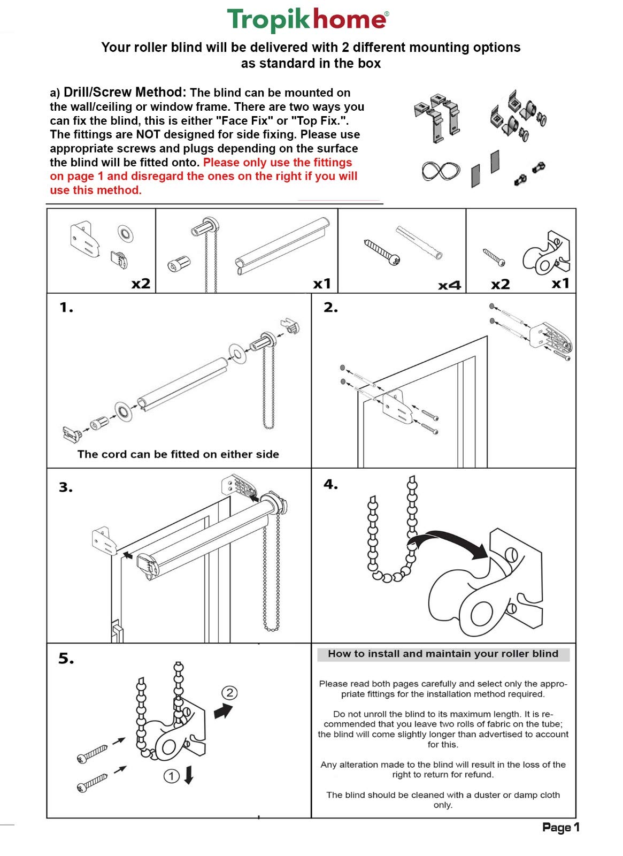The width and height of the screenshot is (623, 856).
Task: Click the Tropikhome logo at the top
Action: click(308, 20)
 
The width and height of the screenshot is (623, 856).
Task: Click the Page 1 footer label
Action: click(560, 827)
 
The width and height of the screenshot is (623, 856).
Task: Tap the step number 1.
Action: click(66, 308)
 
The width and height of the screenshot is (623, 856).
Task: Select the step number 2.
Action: click(330, 308)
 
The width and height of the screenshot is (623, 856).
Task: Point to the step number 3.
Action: click(66, 487)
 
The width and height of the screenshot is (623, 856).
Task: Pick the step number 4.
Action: click(330, 485)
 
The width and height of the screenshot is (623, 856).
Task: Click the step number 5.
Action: click(66, 659)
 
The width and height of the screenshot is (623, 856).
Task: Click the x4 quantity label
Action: click(449, 285)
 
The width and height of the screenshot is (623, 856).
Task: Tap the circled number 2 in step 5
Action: click(229, 693)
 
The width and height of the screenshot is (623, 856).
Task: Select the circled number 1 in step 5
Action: click(171, 776)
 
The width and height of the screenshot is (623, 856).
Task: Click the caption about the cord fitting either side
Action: click(178, 454)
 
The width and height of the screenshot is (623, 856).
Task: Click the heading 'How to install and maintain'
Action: click(443, 654)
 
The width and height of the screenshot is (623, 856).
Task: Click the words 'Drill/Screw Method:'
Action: click(125, 92)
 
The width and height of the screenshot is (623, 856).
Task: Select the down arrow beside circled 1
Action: click(188, 775)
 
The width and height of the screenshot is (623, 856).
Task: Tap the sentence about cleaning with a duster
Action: click(443, 800)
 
